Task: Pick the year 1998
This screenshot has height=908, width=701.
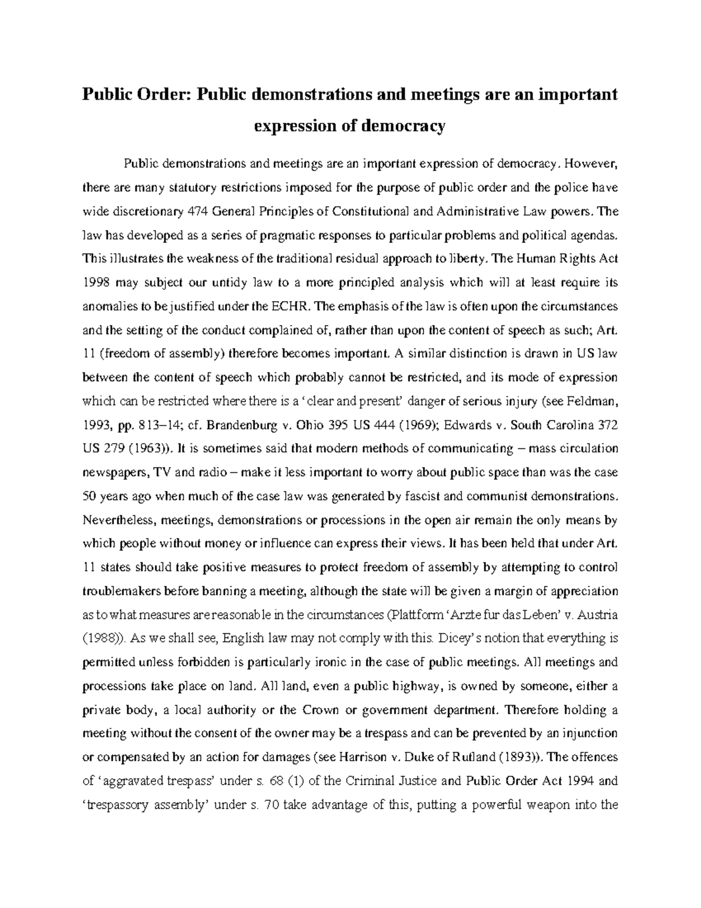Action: pos(95,283)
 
